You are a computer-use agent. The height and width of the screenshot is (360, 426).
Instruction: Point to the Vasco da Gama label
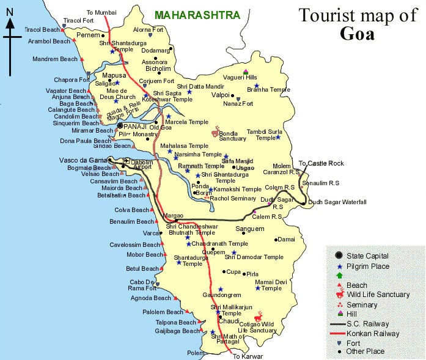coord(86,160)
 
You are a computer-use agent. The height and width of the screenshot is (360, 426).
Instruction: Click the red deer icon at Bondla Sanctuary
coord(215,131)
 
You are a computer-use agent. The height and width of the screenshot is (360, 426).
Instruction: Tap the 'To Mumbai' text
coord(101,12)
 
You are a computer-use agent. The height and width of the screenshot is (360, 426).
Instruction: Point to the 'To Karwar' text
coord(248,355)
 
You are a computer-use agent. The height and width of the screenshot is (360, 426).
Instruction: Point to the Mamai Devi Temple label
coord(271,284)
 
